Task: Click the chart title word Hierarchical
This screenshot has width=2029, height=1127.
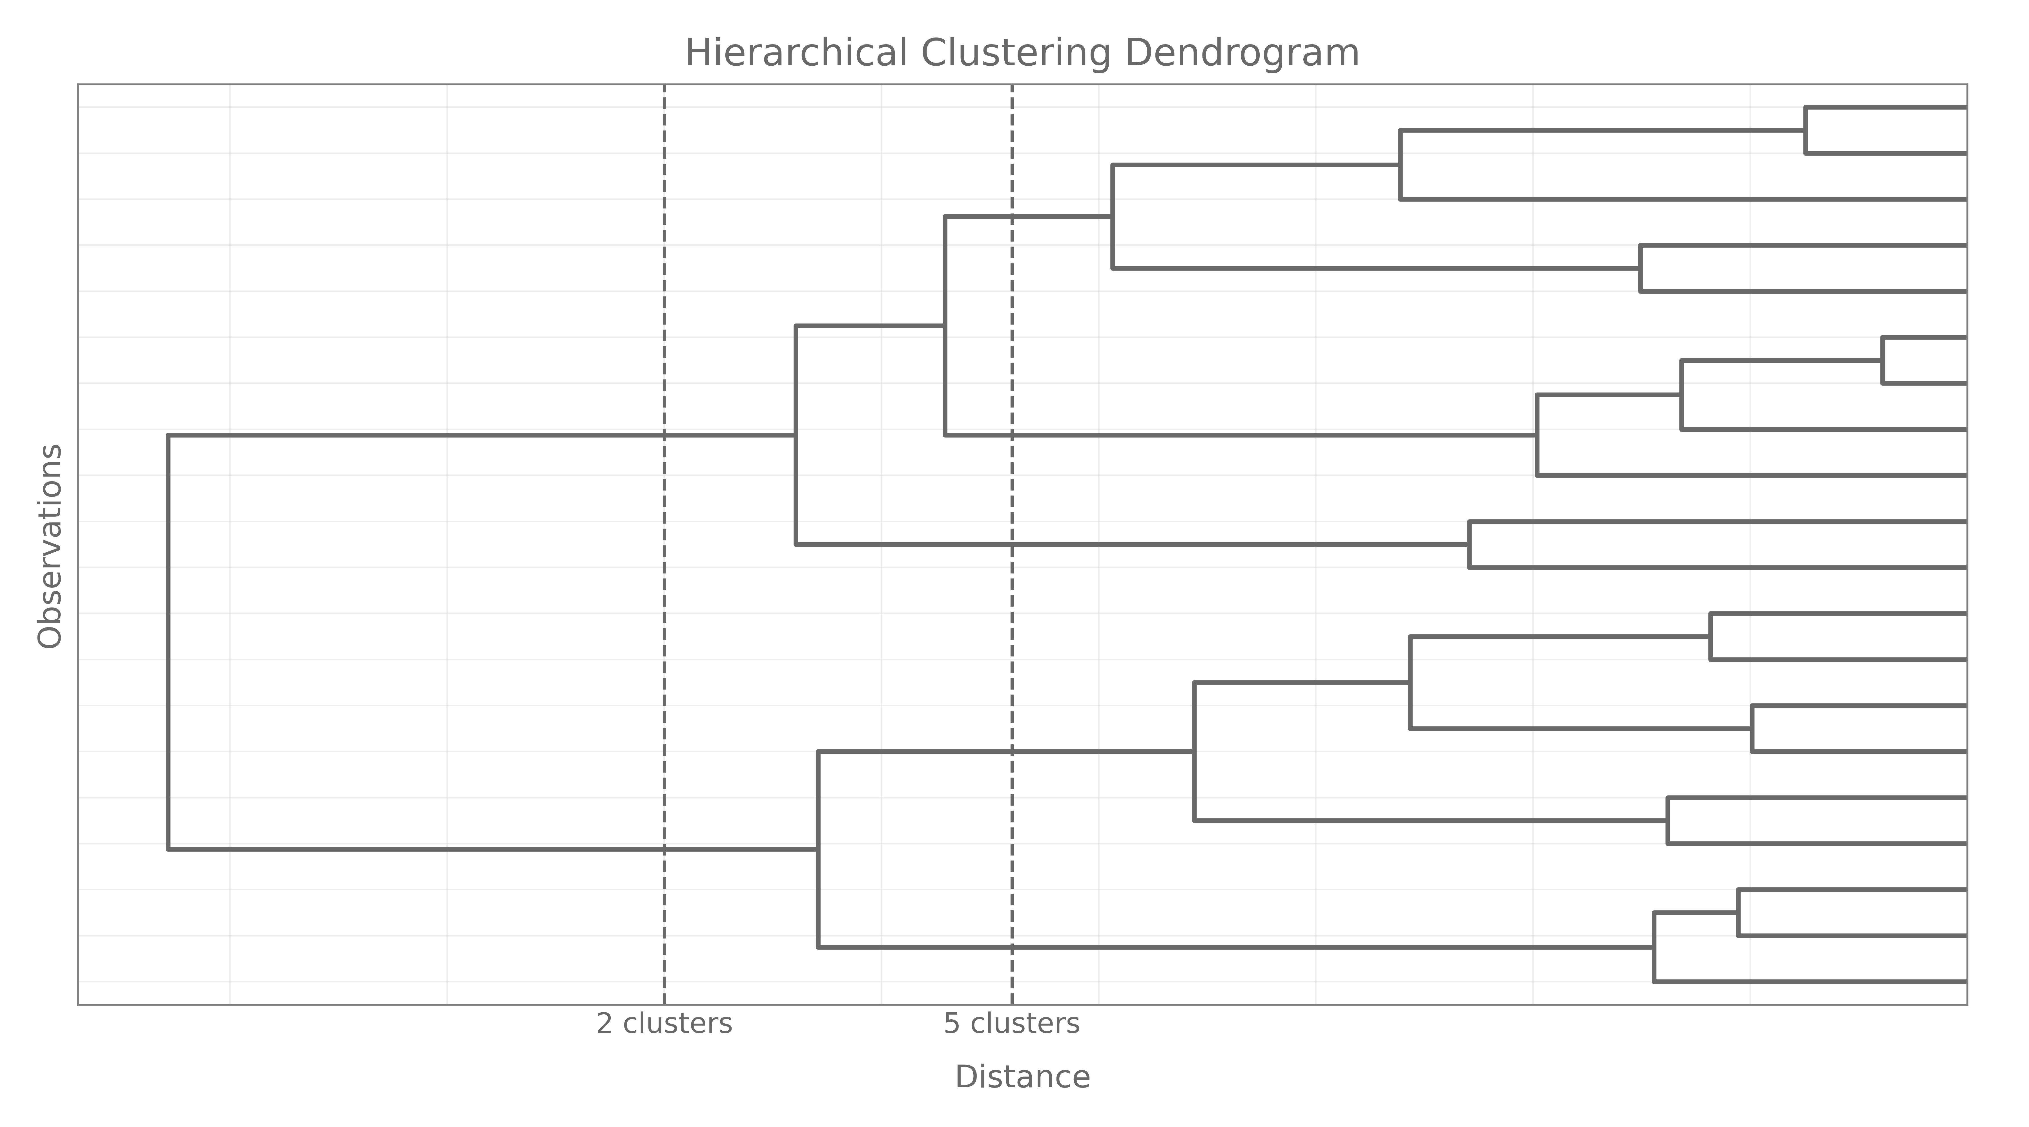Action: (x=796, y=54)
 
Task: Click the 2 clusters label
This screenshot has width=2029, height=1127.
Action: (x=664, y=1024)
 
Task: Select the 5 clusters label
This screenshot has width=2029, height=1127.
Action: (x=1011, y=1024)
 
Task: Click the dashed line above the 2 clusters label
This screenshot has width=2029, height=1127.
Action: (x=664, y=236)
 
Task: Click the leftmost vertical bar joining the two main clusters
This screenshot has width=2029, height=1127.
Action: (x=168, y=642)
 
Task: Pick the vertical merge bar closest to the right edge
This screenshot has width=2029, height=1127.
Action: (x=1882, y=361)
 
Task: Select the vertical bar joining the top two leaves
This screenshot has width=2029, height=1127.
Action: (x=1805, y=130)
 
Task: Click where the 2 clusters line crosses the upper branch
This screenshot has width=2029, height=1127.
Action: (x=664, y=435)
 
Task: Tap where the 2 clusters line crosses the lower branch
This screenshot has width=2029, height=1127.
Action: (x=664, y=849)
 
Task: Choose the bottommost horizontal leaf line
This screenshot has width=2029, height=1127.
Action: (x=1812, y=981)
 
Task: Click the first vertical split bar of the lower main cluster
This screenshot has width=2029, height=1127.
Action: (x=818, y=849)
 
